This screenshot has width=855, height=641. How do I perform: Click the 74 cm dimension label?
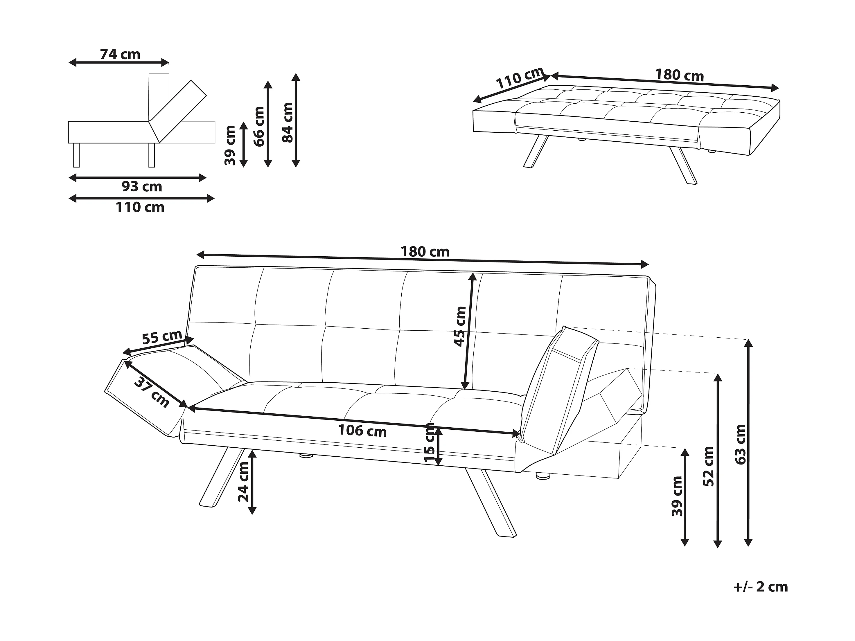[x=120, y=55]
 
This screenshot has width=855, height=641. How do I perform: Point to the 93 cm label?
[x=142, y=187]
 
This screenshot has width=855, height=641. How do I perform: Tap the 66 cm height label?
[x=259, y=126]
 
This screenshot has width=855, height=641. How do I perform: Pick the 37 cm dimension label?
[x=152, y=393]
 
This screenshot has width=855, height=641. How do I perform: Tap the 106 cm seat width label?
[x=362, y=431]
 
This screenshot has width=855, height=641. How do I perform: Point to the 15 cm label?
[x=430, y=443]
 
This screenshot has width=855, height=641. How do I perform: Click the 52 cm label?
[x=709, y=466]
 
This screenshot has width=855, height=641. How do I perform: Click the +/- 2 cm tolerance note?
[x=760, y=587]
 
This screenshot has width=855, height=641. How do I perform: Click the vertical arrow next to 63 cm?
[x=749, y=443]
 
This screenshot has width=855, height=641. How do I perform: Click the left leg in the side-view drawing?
[x=76, y=155]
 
